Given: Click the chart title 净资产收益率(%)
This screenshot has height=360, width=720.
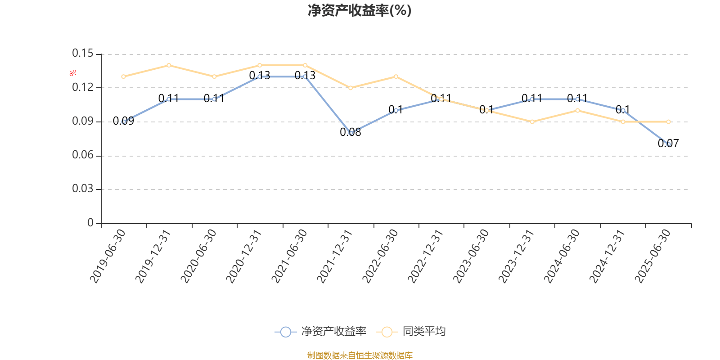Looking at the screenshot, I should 359,10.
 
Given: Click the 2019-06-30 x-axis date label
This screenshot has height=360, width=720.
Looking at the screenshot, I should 108,256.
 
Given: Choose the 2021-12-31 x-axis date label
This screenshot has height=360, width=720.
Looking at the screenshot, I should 335,256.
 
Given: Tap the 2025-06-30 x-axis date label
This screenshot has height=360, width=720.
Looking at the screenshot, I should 652,256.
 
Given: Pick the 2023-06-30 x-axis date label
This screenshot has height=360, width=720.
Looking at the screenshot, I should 471,256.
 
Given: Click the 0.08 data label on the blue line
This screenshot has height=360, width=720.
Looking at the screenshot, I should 350,132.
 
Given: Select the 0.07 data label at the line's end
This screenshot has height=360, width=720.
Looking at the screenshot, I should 668,144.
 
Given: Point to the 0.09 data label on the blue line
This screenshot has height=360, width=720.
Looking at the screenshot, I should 123,121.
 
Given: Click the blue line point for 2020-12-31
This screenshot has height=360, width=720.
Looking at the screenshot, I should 260,77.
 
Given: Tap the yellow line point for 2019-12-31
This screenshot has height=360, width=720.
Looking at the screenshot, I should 169,65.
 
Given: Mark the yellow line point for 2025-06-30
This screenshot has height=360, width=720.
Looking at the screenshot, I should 668,121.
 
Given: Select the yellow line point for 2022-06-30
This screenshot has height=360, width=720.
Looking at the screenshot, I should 396,76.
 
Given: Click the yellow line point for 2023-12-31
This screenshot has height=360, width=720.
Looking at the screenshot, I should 532,121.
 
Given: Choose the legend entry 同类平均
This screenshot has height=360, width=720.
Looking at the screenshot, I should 423,332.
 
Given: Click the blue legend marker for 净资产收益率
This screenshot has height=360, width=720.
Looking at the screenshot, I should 285,332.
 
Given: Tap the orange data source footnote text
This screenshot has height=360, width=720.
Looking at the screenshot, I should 360,355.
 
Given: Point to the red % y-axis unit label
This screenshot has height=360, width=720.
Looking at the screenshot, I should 72,73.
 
